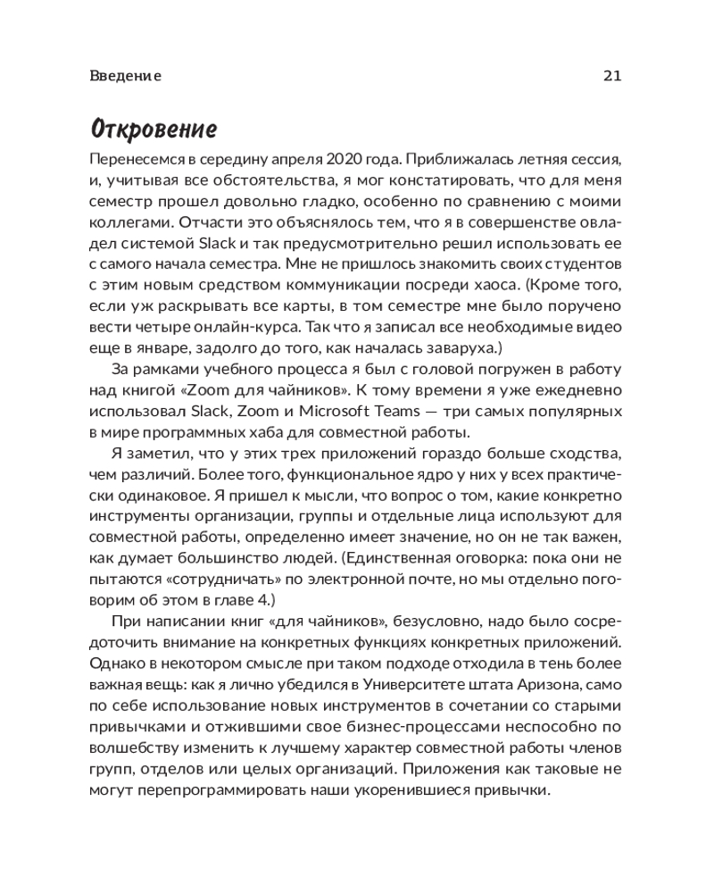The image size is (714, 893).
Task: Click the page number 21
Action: pyautogui.click(x=611, y=76)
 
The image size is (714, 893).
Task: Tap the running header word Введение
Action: pyautogui.click(x=126, y=76)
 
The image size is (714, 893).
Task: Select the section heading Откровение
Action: pyautogui.click(x=154, y=129)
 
